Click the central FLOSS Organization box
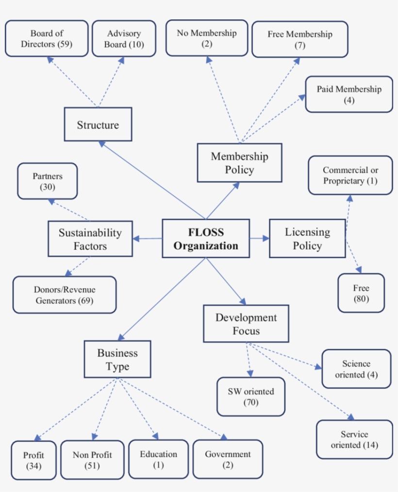pyautogui.click(x=206, y=239)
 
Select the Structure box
pyautogui.click(x=98, y=124)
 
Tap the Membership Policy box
pyautogui.click(x=239, y=163)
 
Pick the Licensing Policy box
pyautogui.click(x=307, y=239)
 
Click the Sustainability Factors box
pyautogui.click(x=90, y=239)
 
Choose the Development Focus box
pyautogui.click(x=246, y=324)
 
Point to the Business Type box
pyautogui.click(x=117, y=359)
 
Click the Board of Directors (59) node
pyautogui.click(x=47, y=39)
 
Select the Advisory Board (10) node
pyautogui.click(x=124, y=39)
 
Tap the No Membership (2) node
pyautogui.click(x=207, y=38)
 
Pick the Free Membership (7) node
pyautogui.click(x=299, y=39)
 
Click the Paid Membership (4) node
pyautogui.click(x=349, y=94)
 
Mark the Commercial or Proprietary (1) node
pyautogui.click(x=350, y=176)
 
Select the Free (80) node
pyautogui.click(x=361, y=293)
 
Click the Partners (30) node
pyautogui.click(x=48, y=181)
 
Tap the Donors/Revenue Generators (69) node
pyautogui.click(x=65, y=295)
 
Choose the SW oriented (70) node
pyautogui.click(x=251, y=397)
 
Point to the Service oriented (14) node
pyautogui.click(x=354, y=439)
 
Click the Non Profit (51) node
pyautogui.click(x=92, y=459)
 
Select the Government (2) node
pyautogui.click(x=228, y=459)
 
